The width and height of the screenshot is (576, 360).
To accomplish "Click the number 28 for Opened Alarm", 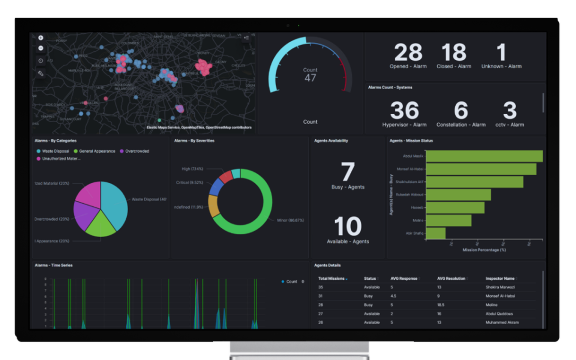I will (408, 52).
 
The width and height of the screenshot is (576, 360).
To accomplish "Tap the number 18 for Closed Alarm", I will (454, 52).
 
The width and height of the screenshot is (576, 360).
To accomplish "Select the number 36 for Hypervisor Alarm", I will (404, 111).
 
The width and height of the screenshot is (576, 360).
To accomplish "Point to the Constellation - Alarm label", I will (461, 125).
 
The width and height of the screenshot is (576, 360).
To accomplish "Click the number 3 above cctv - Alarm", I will (510, 111).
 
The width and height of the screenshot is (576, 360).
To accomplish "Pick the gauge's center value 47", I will (310, 78).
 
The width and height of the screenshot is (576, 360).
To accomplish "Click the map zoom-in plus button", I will (41, 38).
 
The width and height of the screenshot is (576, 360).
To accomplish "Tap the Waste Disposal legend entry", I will (55, 151).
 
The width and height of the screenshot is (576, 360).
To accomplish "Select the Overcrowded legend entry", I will (137, 151).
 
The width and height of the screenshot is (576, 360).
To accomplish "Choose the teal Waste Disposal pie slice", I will (114, 202).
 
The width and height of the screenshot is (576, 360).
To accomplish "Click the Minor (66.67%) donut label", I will (290, 220).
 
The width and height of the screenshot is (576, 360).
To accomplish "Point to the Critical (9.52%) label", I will (189, 183).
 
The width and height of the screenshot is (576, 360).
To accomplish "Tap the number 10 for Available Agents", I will (348, 226).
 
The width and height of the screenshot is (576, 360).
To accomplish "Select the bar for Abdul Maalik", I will (484, 156).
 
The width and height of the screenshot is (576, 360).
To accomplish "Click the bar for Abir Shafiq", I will (436, 233).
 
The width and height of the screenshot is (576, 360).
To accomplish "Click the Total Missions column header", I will (331, 279).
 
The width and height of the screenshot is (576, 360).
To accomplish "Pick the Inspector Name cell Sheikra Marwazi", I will (500, 287).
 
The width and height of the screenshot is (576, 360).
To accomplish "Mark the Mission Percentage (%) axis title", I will (484, 250).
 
